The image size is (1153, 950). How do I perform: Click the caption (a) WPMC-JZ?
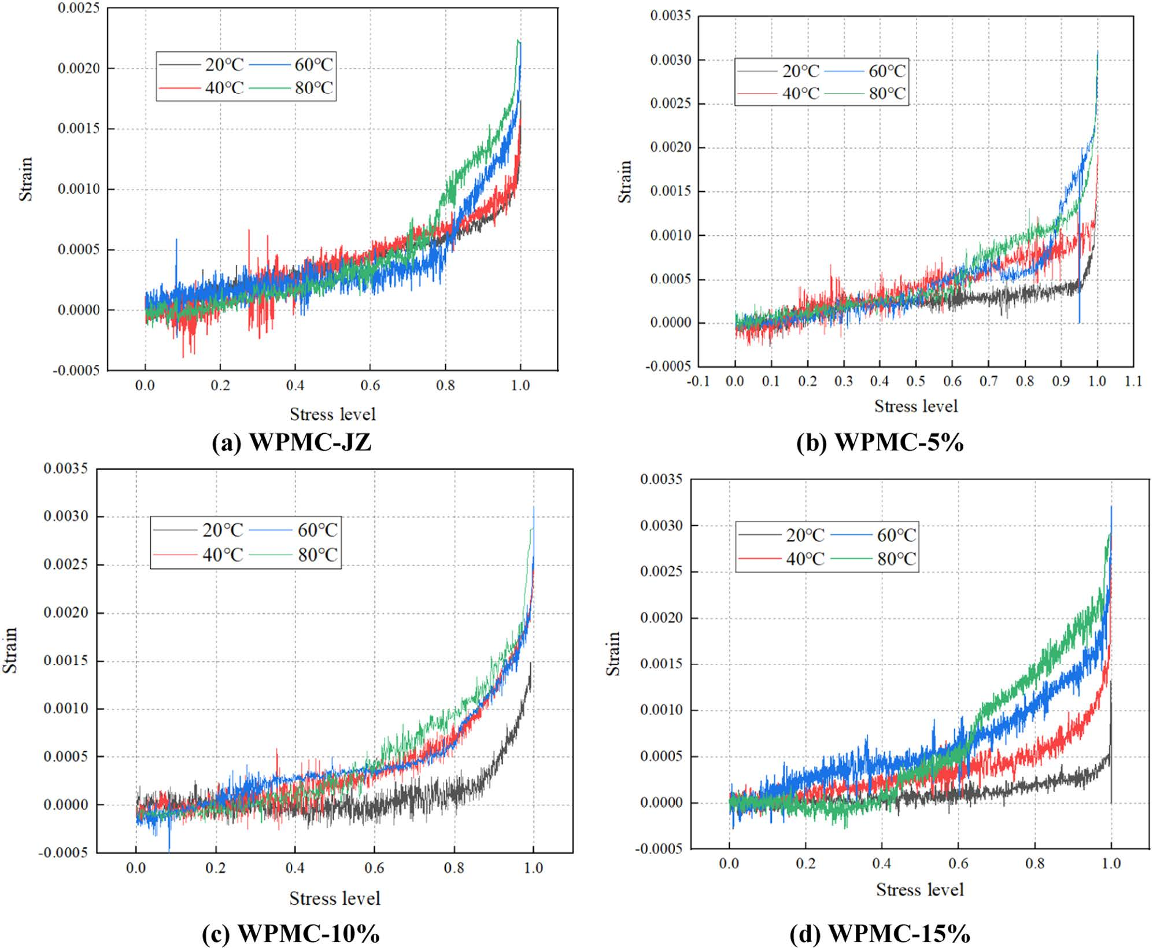click(x=291, y=443)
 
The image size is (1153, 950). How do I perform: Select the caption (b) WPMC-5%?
click(x=879, y=443)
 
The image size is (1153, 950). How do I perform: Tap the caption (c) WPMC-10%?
click(x=291, y=933)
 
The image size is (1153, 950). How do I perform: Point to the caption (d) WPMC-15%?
click(x=879, y=933)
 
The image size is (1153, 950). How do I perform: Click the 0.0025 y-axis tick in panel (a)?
click(x=79, y=9)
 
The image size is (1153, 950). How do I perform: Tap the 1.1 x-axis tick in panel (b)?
click(x=1133, y=382)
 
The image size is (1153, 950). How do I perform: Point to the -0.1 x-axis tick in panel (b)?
click(x=698, y=382)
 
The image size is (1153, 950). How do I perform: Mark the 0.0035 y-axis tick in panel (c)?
click(x=66, y=468)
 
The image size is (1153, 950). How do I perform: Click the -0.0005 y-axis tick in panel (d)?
click(x=659, y=849)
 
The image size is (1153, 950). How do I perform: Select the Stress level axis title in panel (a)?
click(x=332, y=415)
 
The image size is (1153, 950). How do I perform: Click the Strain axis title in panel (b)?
click(x=625, y=182)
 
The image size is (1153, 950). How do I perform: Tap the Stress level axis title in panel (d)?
click(x=919, y=889)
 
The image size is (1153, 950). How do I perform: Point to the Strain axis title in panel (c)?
click(x=10, y=650)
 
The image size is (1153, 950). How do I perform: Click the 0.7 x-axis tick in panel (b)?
click(x=988, y=382)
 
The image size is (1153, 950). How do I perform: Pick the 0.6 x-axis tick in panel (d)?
click(x=958, y=864)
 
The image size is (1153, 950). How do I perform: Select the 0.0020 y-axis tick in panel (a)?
click(x=79, y=69)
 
